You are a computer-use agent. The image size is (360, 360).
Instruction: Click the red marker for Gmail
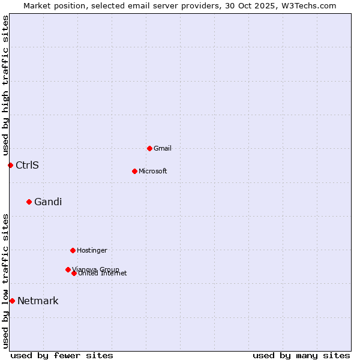click(149, 148)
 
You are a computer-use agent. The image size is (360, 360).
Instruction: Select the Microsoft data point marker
click(134, 171)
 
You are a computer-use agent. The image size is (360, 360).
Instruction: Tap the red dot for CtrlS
click(10, 165)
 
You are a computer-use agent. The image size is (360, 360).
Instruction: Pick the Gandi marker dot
click(29, 202)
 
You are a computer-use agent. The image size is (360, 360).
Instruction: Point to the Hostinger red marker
click(73, 250)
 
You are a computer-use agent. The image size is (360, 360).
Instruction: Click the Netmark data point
click(12, 301)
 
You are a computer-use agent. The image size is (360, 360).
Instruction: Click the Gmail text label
click(163, 148)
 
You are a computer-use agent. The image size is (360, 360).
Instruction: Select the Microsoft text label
click(153, 171)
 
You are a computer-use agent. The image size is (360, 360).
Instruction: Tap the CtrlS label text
click(27, 165)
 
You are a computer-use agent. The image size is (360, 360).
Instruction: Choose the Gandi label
click(48, 202)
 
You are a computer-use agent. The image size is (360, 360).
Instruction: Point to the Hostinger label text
click(92, 250)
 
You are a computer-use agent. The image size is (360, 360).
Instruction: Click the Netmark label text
click(38, 301)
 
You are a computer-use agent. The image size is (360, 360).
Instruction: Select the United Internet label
click(103, 274)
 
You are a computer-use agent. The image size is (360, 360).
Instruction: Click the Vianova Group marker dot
click(68, 269)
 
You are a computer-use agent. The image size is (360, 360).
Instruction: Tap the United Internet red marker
click(74, 273)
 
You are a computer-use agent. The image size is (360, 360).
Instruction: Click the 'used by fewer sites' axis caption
click(62, 355)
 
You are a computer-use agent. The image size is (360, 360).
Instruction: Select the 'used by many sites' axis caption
click(301, 355)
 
